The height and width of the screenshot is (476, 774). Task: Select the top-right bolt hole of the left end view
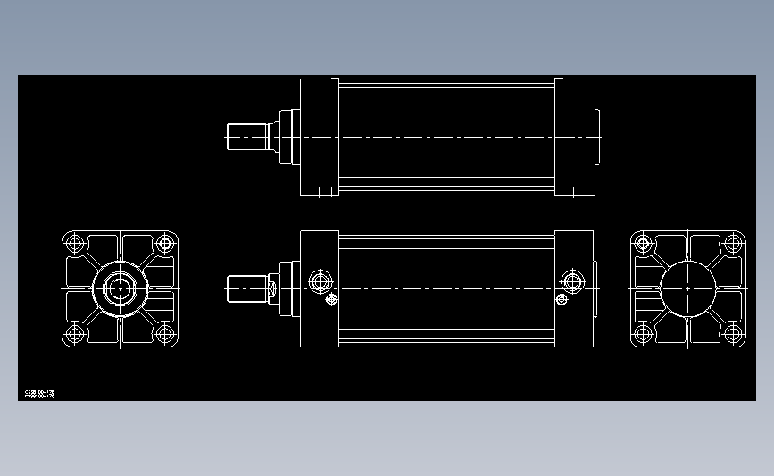(x=164, y=243)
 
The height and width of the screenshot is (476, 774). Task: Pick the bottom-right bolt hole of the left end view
(x=164, y=335)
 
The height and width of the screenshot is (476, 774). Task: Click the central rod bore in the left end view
(x=120, y=288)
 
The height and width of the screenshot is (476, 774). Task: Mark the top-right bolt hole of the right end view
(x=733, y=242)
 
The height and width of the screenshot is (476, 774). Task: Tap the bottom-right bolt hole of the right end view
(x=733, y=335)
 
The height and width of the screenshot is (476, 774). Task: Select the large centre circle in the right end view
(x=688, y=288)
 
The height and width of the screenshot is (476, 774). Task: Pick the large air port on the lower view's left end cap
(x=320, y=282)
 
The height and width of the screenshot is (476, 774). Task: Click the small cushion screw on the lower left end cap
(x=332, y=300)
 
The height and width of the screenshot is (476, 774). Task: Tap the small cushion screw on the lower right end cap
(x=562, y=300)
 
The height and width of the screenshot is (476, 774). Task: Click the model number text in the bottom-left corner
(x=40, y=393)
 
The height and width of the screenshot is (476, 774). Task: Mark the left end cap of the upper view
(x=319, y=137)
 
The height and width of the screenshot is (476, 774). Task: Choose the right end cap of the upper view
(x=575, y=137)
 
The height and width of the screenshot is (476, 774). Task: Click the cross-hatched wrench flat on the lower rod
(x=274, y=288)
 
